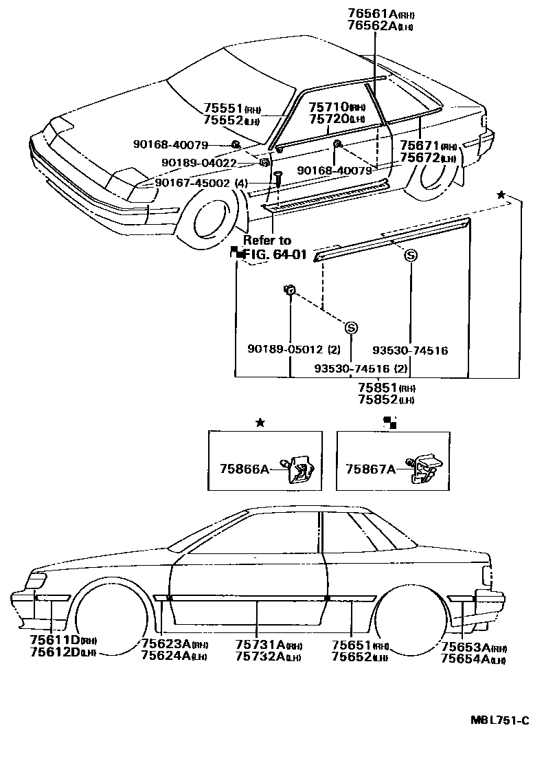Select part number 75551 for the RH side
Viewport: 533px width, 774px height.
point(223,109)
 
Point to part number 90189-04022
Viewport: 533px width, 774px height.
point(199,163)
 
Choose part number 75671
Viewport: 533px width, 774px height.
point(420,147)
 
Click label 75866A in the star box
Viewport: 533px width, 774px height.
point(243,469)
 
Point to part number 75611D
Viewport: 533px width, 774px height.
point(55,640)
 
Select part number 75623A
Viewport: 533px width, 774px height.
point(166,644)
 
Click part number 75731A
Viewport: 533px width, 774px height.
point(260,644)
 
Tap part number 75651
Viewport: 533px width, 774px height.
point(351,644)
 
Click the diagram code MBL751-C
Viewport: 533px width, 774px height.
point(499,720)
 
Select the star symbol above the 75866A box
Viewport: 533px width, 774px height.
point(260,423)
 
